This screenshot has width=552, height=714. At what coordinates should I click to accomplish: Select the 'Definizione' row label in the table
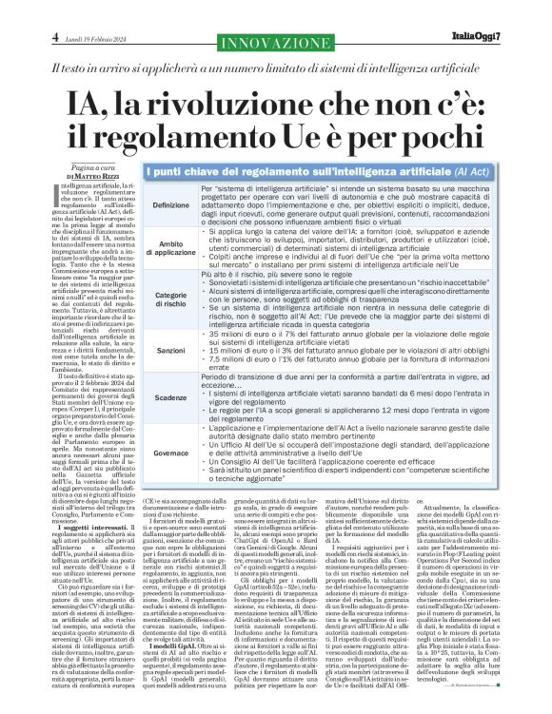coord(170,205)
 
